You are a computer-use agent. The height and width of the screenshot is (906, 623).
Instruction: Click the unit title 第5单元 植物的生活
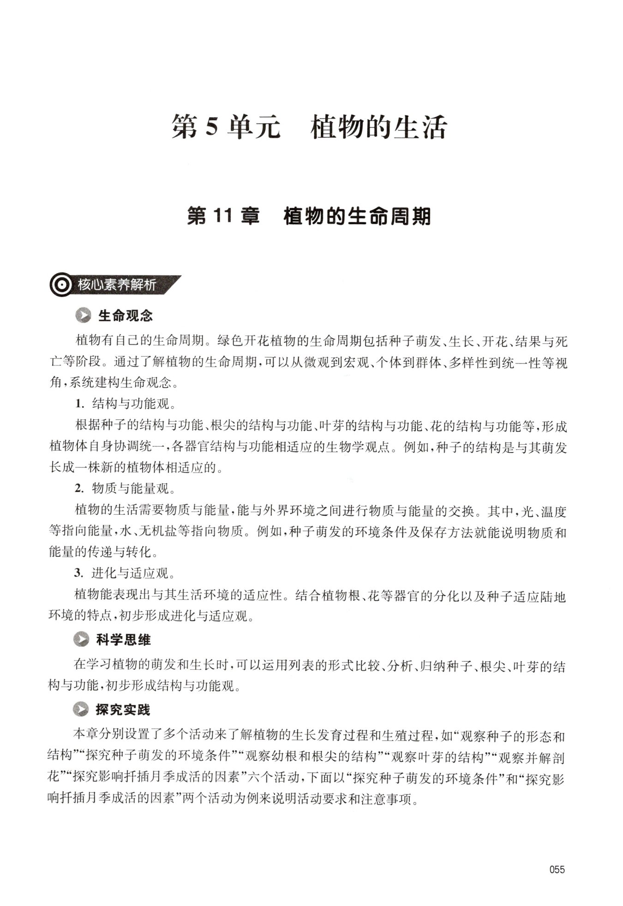pyautogui.click(x=309, y=127)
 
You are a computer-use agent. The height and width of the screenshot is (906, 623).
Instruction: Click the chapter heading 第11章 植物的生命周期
pyautogui.click(x=308, y=216)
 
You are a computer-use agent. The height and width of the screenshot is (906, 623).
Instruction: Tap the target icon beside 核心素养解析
pyautogui.click(x=61, y=286)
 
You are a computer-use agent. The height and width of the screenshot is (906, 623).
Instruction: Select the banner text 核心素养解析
pyautogui.click(x=116, y=286)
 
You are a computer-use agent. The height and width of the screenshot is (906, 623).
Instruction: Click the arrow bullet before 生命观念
pyautogui.click(x=84, y=316)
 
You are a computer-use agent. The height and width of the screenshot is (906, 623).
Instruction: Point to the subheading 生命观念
pyautogui.click(x=125, y=316)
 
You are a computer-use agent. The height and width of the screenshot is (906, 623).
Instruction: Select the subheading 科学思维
pyautogui.click(x=123, y=640)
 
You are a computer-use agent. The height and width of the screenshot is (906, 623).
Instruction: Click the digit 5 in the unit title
pyautogui.click(x=212, y=128)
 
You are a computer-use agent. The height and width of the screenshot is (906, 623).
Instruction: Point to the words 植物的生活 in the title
pyautogui.click(x=378, y=127)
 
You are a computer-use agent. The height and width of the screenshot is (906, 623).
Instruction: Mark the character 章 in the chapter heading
pyautogui.click(x=249, y=216)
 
